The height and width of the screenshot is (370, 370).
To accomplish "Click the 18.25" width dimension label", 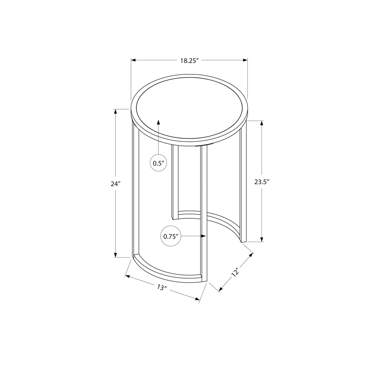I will click(190, 60).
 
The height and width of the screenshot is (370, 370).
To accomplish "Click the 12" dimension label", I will click(235, 273).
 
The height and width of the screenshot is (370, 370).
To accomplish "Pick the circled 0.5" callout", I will click(158, 163).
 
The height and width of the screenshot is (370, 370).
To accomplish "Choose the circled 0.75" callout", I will click(171, 236).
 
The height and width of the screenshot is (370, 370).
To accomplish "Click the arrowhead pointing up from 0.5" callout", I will click(158, 122).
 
